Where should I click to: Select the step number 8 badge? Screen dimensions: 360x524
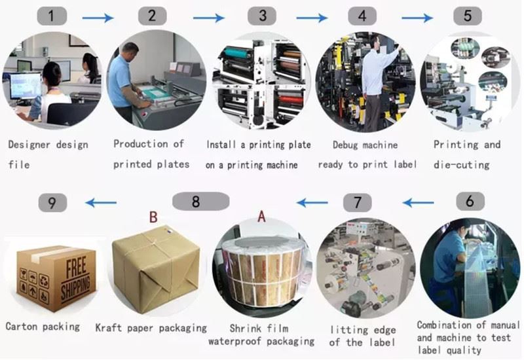coord(195,202)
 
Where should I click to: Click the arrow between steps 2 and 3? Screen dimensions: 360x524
coord(208,18)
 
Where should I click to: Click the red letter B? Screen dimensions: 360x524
coord(153,217)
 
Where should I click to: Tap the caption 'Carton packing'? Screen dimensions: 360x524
coord(43,326)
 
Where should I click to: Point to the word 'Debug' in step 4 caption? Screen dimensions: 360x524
coord(345,145)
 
